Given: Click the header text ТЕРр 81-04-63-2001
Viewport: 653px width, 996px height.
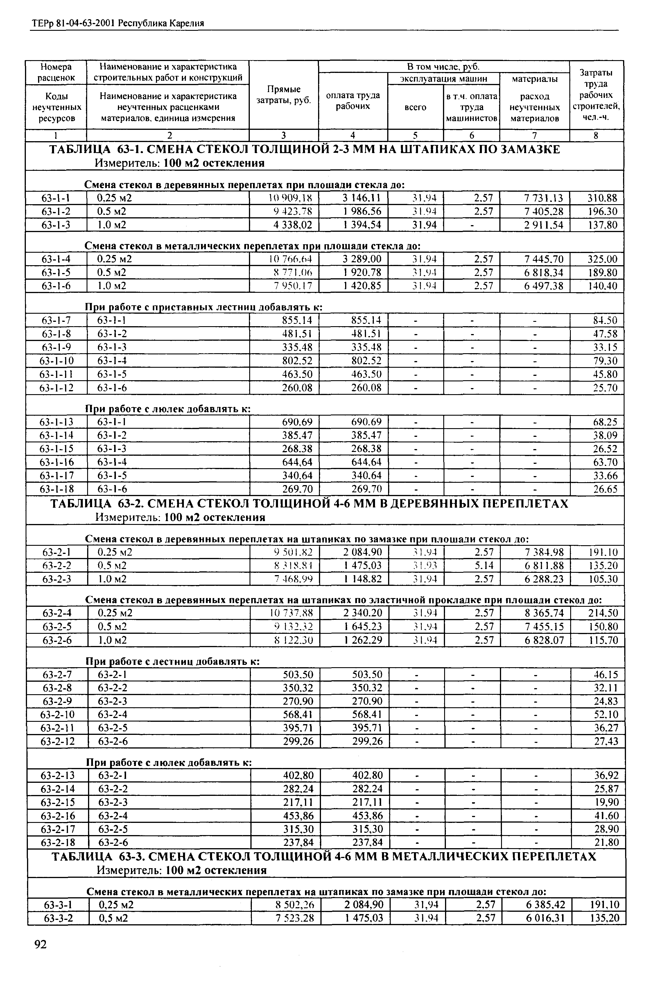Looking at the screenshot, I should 73,24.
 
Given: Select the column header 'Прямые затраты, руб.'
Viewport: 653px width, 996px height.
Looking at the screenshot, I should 284,95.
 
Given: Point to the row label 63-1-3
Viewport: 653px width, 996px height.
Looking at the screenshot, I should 56,225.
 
